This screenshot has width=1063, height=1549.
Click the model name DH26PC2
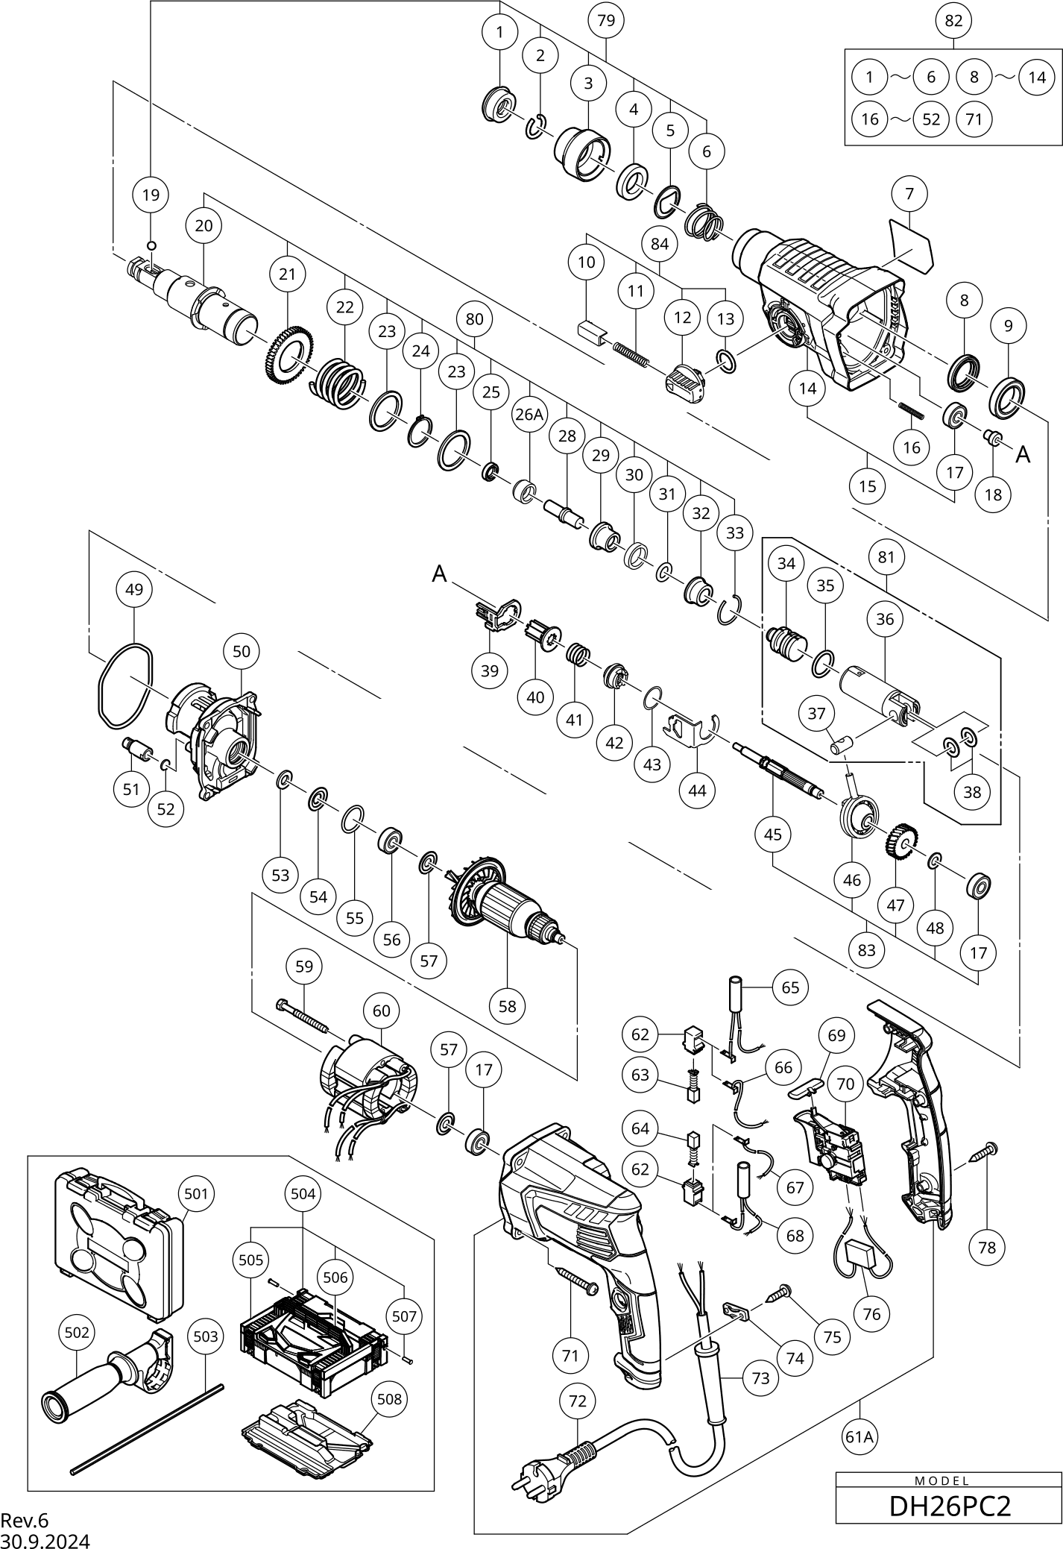pos(950,1506)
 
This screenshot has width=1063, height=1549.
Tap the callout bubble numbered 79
pos(606,20)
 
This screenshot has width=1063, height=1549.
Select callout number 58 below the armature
pos(507,1006)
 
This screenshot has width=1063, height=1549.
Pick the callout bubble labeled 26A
pos(529,415)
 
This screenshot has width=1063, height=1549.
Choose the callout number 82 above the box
pos(953,20)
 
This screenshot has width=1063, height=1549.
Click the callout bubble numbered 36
pos(885,619)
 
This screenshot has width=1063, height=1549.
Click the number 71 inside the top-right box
pos(974,119)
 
